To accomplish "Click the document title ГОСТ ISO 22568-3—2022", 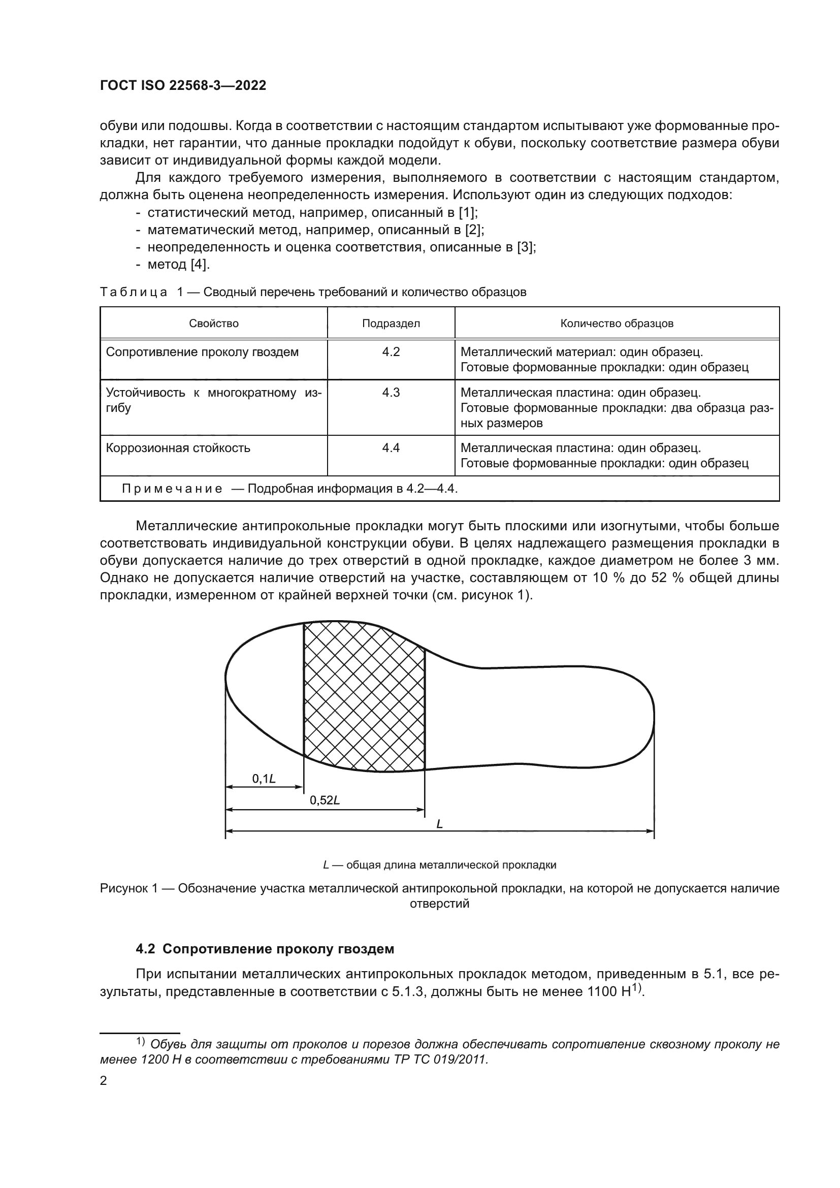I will click(x=183, y=85).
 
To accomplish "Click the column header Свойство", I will click(x=214, y=324).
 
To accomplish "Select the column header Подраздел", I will click(x=391, y=324).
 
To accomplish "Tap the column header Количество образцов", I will click(x=617, y=324).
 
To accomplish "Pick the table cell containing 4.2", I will click(x=391, y=352).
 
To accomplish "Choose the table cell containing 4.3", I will click(x=391, y=393).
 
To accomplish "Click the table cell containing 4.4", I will click(x=391, y=448).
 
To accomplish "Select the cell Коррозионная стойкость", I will click(x=178, y=448).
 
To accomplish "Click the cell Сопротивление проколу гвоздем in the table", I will click(x=202, y=352).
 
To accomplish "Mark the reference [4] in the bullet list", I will click(x=199, y=265).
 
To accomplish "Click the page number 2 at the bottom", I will click(x=104, y=1080).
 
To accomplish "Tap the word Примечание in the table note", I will click(x=172, y=489).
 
